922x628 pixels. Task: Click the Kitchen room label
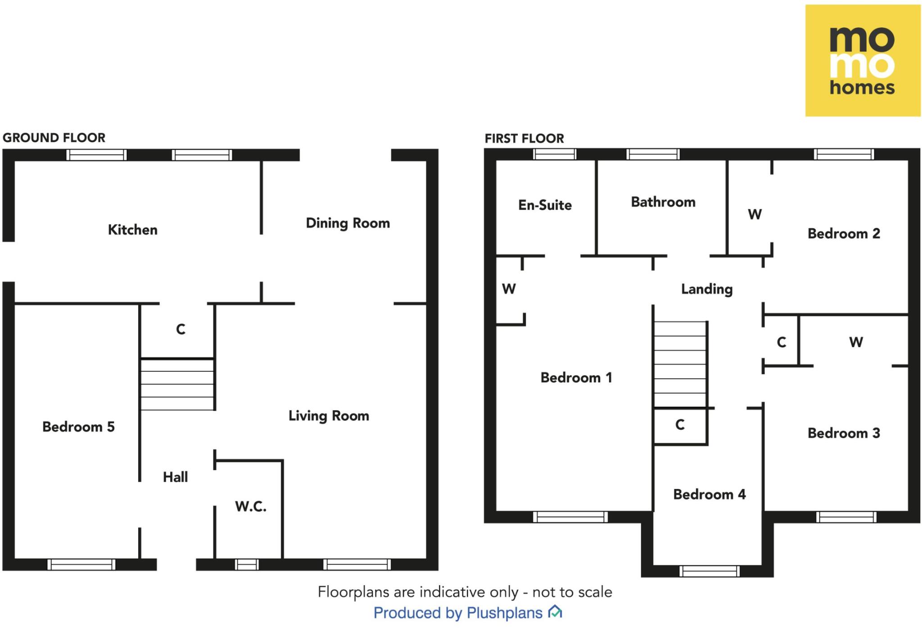tap(132, 230)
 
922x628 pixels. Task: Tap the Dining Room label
tap(348, 223)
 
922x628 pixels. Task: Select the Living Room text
tap(329, 416)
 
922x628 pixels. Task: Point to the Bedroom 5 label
tap(78, 427)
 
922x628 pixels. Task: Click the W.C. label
tap(250, 506)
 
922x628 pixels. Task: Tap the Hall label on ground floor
tap(175, 477)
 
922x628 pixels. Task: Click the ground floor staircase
tap(177, 384)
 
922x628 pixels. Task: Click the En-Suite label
tap(545, 205)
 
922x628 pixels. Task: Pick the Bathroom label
tap(663, 202)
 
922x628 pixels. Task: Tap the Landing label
tap(706, 289)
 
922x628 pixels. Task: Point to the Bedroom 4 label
tap(709, 494)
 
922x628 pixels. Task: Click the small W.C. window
tap(247, 564)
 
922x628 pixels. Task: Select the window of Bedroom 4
tap(709, 571)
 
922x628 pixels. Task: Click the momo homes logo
tap(862, 61)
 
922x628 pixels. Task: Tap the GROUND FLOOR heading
tap(54, 138)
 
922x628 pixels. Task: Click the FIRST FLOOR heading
tap(524, 139)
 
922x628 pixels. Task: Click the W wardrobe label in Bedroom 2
tap(755, 214)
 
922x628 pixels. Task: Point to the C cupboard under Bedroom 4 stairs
tap(680, 425)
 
